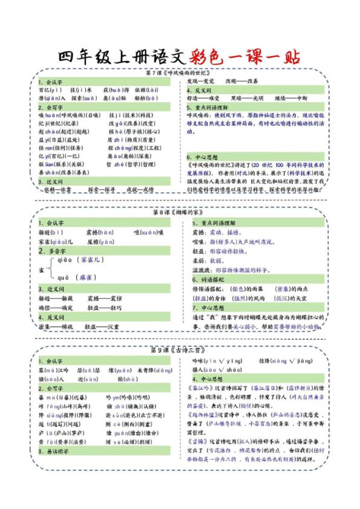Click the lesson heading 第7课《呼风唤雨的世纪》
click(180, 73)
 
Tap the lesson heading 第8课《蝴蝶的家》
click(180, 213)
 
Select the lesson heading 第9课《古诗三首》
click(180, 350)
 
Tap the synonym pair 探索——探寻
click(102, 189)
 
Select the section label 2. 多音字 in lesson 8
click(51, 250)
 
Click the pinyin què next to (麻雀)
click(63, 277)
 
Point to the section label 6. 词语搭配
click(209, 280)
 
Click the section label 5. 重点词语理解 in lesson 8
click(214, 223)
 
